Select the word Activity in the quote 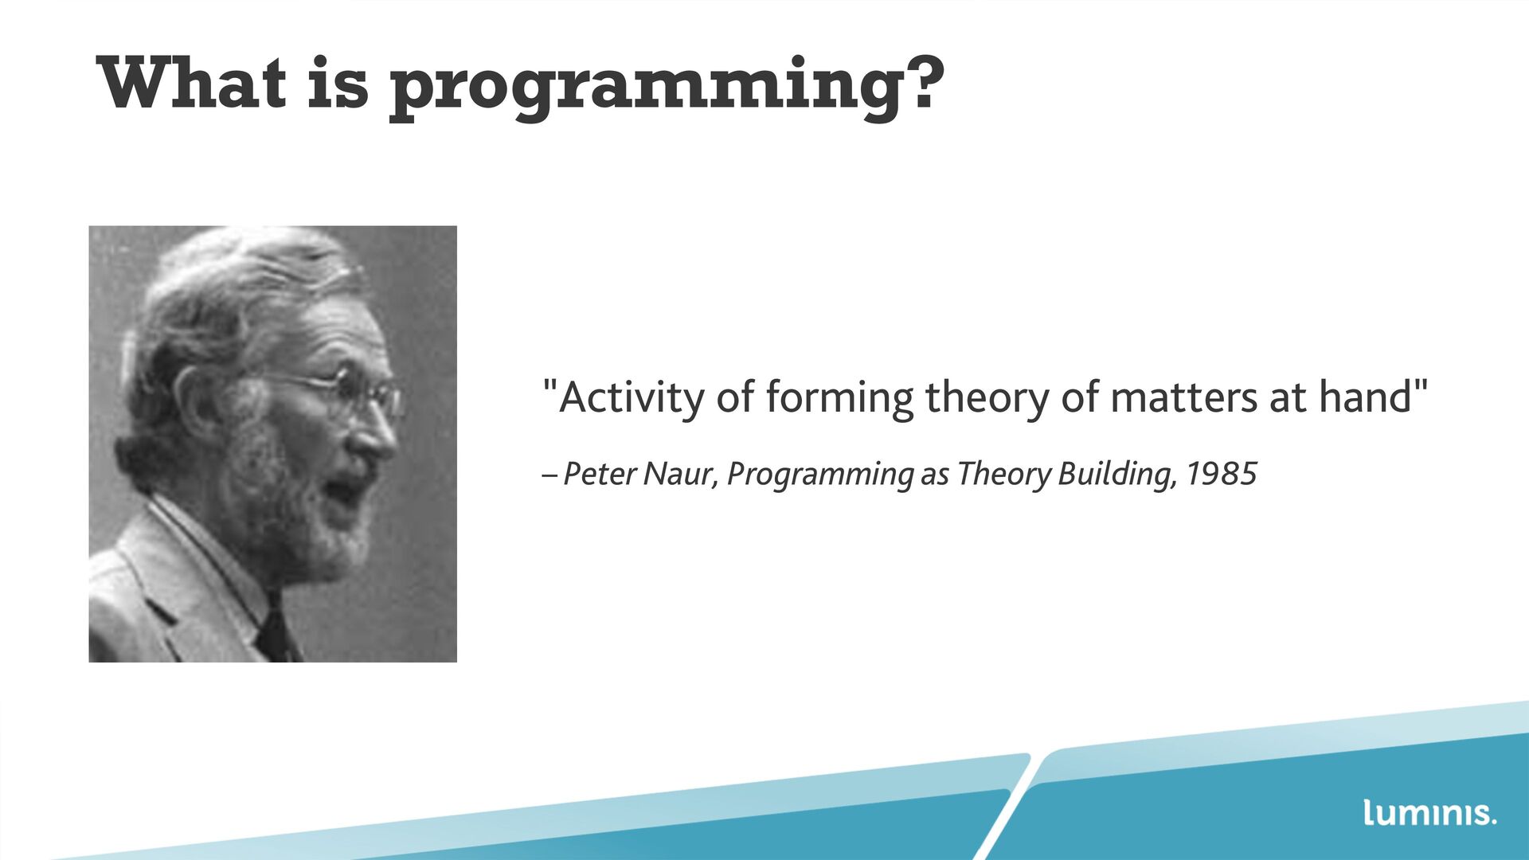point(632,397)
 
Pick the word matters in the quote point(1183,397)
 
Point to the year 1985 point(1222,474)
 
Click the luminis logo point(1430,812)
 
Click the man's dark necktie point(275,633)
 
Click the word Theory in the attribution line point(1004,475)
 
